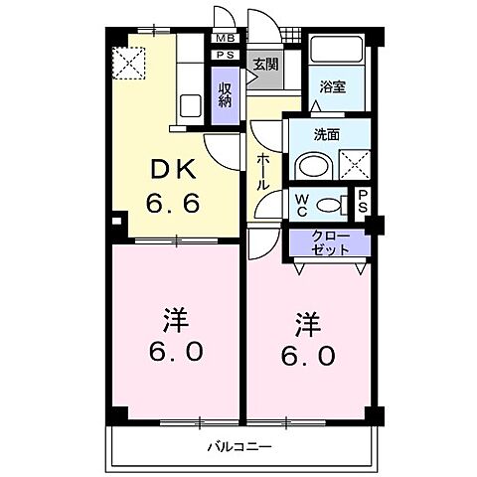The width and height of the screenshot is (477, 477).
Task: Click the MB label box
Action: click(225, 40)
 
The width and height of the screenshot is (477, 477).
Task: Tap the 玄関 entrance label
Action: click(263, 66)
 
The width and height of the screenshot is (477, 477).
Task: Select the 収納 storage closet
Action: click(226, 95)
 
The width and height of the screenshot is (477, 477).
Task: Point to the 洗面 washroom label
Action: click(327, 135)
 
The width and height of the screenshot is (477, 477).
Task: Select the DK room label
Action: click(171, 169)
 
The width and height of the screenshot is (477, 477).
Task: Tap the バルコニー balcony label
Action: click(238, 447)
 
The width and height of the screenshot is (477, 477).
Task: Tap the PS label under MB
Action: click(225, 56)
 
